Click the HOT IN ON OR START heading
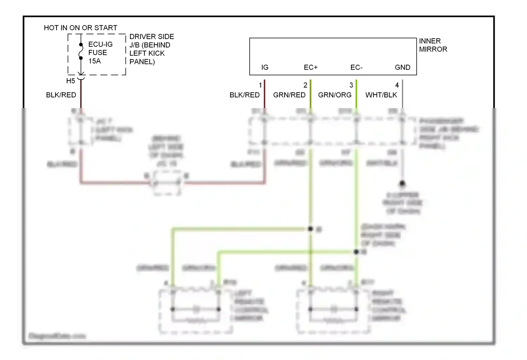pos(80,28)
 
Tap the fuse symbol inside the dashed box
pos(81,51)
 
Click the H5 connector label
pos(71,81)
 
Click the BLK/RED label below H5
pos(61,95)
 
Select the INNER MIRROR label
pos(432,45)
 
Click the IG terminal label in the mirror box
pos(265,67)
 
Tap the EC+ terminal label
pos(311,67)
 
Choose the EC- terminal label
pos(356,67)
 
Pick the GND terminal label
pos(402,67)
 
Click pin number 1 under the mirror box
pos(260,85)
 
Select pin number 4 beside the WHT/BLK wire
pos(397,85)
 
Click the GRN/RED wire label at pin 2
pos(289,95)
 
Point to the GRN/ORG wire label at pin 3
pos(334,95)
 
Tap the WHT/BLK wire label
pos(381,95)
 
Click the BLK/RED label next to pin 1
pos(245,95)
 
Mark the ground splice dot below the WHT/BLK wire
pos(402,184)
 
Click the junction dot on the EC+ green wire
pos(310,229)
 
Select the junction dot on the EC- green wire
pos(356,252)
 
